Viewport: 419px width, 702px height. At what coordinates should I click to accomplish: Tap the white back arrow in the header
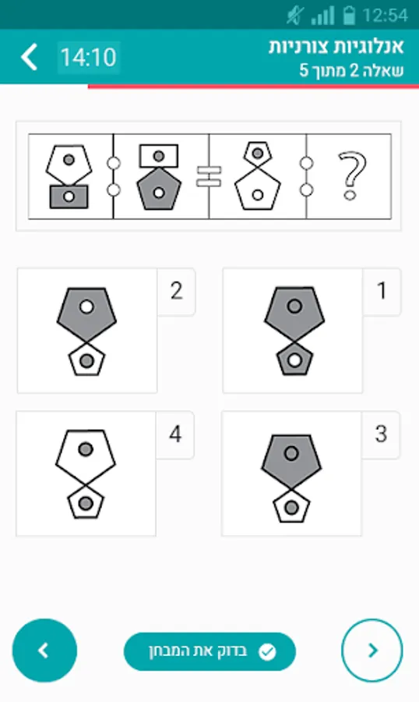coord(29,57)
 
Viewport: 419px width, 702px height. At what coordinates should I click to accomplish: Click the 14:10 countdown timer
coord(89,57)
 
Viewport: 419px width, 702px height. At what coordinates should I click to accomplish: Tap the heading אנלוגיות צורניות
coord(336,47)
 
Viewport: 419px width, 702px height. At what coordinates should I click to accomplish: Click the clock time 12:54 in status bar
coord(385,16)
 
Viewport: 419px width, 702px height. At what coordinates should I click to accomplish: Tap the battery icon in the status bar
coord(348,15)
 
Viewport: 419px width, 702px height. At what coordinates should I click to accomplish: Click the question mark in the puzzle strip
coord(352,176)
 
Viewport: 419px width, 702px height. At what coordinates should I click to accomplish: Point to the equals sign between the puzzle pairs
coord(209,176)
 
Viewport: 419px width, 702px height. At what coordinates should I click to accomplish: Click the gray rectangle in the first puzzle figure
coord(69,197)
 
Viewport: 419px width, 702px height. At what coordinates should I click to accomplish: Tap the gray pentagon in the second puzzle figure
coord(159,188)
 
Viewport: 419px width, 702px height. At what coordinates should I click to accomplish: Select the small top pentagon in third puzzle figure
coord(258,153)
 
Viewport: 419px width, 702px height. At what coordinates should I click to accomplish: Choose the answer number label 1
coord(382,291)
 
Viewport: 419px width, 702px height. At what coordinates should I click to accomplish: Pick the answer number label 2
coord(176,291)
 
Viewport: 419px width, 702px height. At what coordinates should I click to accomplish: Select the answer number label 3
coord(381,434)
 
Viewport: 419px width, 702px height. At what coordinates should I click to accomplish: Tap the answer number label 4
coord(175,434)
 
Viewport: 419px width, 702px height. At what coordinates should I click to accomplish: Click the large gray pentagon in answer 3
coord(291,459)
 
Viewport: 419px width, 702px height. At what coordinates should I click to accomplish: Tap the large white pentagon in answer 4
coord(86,456)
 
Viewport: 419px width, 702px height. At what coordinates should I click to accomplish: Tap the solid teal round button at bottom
coord(44,650)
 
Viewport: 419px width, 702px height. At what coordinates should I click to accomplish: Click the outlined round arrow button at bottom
coord(372,650)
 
